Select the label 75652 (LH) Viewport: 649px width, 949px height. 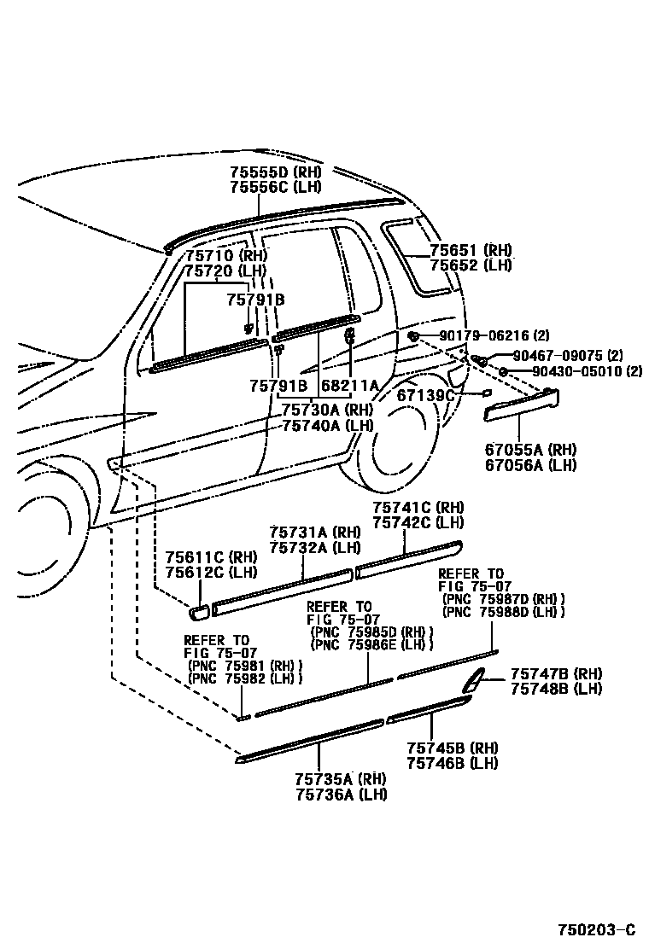click(471, 265)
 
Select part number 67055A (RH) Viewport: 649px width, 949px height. click(530, 450)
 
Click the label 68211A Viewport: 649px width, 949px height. click(349, 387)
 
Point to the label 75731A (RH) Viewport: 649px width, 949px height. click(315, 533)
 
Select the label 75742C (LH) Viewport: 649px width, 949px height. click(418, 522)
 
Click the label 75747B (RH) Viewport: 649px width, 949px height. click(556, 674)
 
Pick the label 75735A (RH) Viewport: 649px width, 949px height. click(341, 779)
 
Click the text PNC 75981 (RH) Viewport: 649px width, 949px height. click(245, 666)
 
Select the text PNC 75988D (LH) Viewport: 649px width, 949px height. click(503, 612)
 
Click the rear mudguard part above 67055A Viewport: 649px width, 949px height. click(521, 404)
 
